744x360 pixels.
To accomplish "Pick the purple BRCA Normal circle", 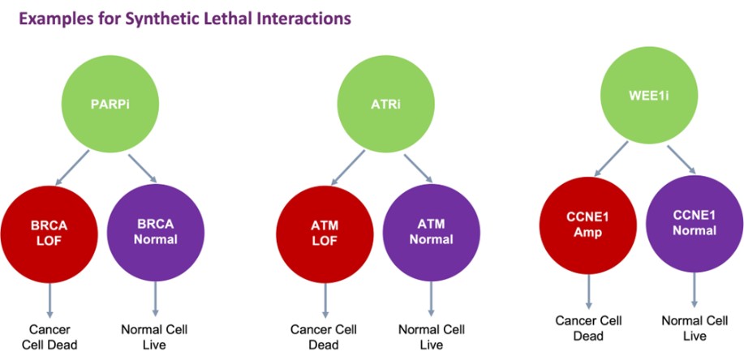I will pyautogui.click(x=154, y=229).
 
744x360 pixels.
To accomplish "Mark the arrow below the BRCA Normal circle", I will pyautogui.click(x=154, y=298).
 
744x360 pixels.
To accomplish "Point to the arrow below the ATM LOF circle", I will pyautogui.click(x=325, y=298).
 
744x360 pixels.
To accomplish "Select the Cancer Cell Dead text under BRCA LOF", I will pyautogui.click(x=50, y=336).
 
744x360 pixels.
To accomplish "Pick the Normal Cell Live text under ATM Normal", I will pyautogui.click(x=431, y=336).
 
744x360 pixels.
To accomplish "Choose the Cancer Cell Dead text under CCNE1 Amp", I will pyautogui.click(x=587, y=328).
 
